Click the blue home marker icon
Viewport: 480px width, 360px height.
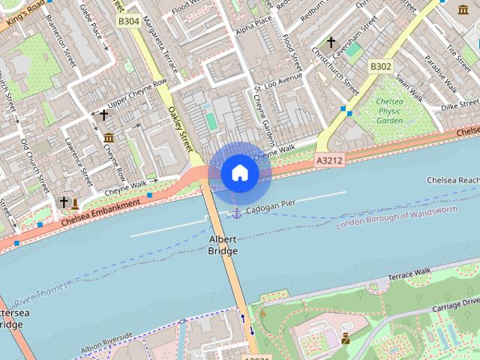click(x=239, y=172)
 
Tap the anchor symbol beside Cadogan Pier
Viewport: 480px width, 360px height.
click(x=236, y=214)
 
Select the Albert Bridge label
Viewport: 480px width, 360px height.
click(x=223, y=244)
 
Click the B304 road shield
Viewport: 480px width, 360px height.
click(x=128, y=22)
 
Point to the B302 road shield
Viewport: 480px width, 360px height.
click(x=380, y=67)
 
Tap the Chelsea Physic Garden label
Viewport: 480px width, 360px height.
click(x=390, y=111)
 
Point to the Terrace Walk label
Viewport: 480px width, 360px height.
click(x=410, y=274)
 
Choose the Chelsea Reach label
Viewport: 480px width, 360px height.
click(x=452, y=181)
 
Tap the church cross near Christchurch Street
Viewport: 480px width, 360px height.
click(x=330, y=43)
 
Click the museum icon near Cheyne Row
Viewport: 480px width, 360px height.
click(x=109, y=137)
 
